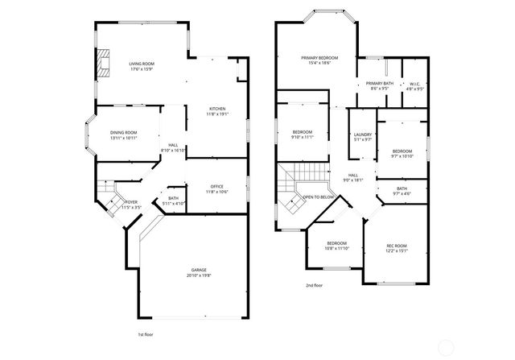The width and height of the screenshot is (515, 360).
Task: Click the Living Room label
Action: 142,64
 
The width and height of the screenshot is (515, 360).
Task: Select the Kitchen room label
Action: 217,109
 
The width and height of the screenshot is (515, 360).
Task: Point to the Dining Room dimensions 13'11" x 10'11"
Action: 124,138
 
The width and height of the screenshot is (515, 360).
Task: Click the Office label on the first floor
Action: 217,186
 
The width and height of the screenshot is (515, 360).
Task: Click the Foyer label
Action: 130,202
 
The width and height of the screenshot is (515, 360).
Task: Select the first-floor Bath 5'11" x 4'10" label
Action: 173,198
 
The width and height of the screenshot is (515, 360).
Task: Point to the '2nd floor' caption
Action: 315,285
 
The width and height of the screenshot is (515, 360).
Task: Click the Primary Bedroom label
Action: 319,58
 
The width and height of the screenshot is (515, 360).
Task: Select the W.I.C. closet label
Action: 414,83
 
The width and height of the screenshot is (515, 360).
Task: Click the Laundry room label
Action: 362,134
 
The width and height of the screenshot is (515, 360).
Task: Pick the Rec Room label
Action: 396,245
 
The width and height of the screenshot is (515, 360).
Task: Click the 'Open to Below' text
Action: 319,197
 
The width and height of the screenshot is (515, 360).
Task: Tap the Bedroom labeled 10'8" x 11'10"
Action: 336,242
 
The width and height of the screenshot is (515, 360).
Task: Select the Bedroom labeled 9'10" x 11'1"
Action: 302,132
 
